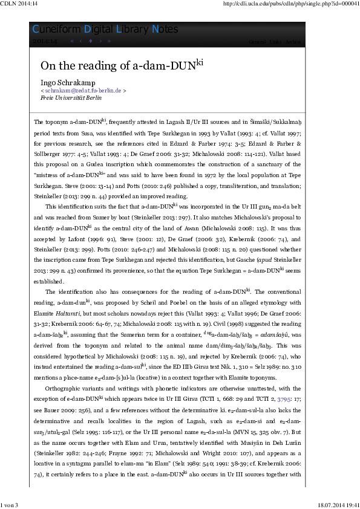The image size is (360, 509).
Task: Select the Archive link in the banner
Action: [293, 42]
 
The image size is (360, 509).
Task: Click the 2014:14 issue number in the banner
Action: [44, 42]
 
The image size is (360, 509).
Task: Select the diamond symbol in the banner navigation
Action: [90, 42]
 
